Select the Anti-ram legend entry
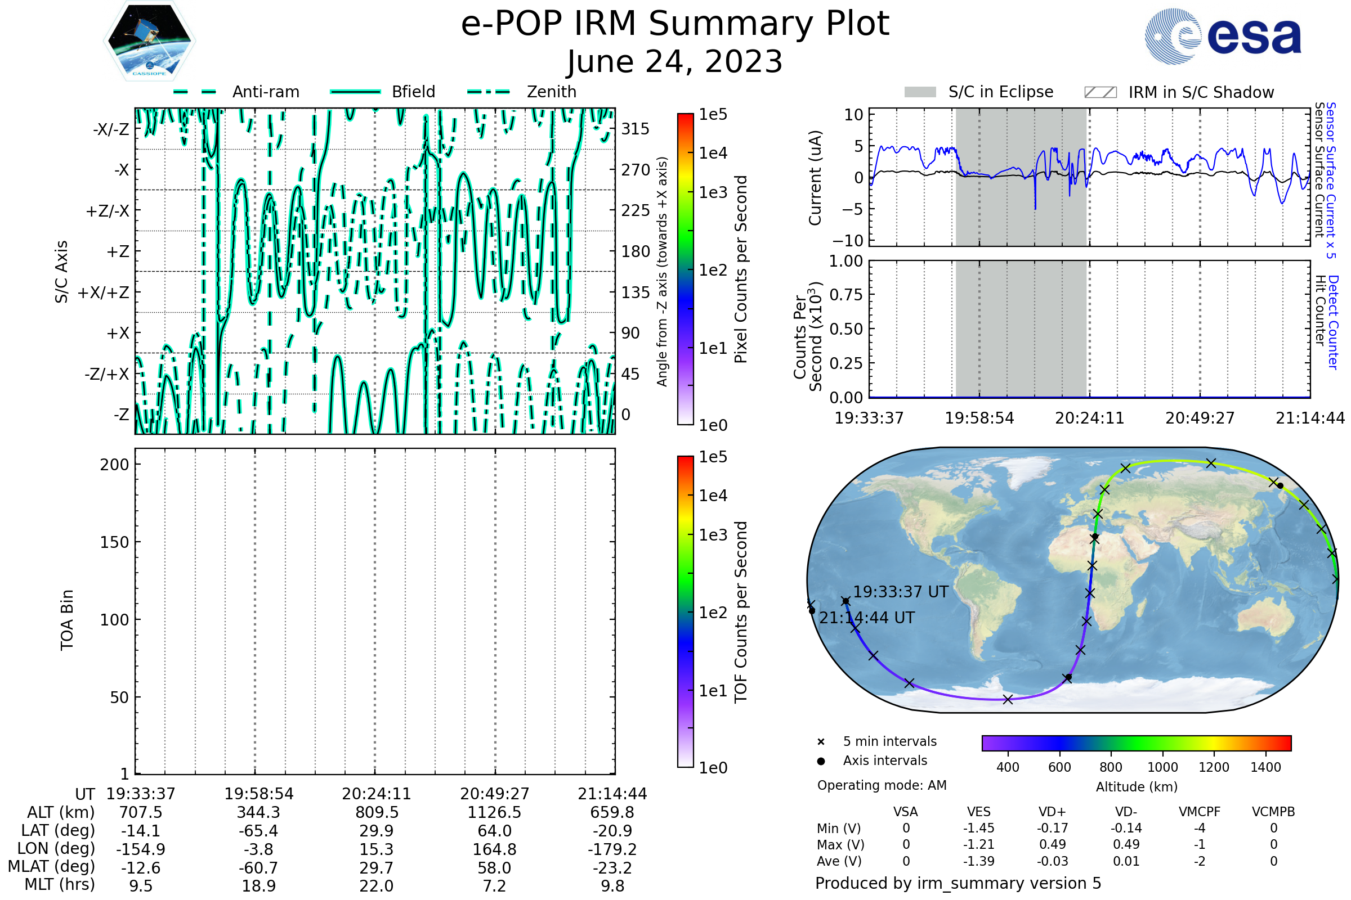(236, 92)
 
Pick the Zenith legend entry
(522, 92)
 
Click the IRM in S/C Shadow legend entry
(1179, 92)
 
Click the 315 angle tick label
(636, 129)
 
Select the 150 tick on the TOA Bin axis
(114, 542)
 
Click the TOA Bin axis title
(67, 620)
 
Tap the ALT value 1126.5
(495, 813)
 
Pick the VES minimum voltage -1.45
(979, 828)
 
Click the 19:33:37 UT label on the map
(900, 592)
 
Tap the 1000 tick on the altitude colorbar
(1162, 767)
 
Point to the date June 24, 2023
(675, 62)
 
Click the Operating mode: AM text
(882, 785)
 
